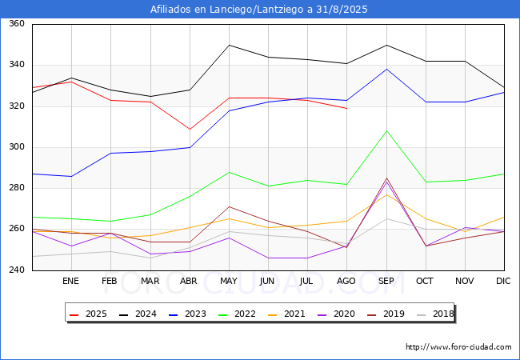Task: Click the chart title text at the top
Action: [259, 10]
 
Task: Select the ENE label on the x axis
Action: [71, 281]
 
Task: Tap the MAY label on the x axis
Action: [229, 281]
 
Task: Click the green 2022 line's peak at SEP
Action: [387, 130]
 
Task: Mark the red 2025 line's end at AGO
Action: [347, 108]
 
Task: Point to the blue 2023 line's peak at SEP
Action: [387, 69]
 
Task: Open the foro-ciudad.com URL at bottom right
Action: [458, 347]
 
